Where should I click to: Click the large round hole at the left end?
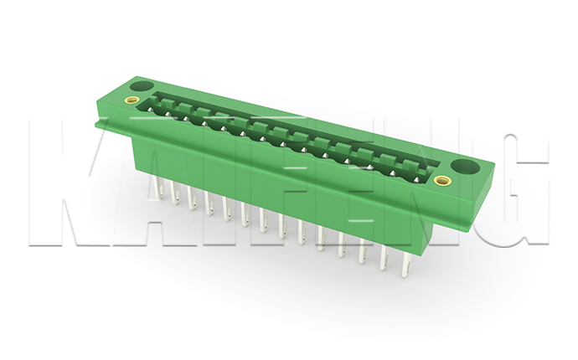click(142, 86)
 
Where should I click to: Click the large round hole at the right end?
click(465, 167)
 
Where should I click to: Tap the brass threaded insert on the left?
click(132, 100)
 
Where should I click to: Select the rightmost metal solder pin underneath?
click(407, 264)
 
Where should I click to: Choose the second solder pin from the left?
click(174, 192)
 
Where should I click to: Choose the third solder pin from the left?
click(192, 197)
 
